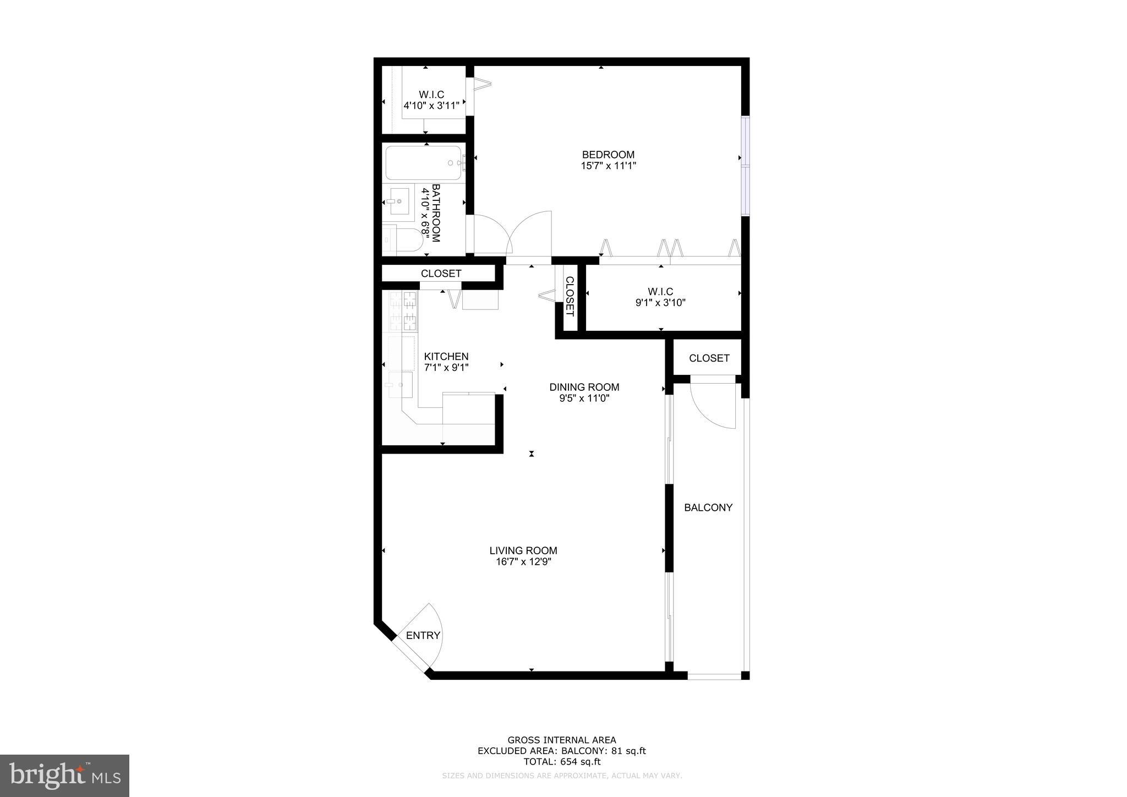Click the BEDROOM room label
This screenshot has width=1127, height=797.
click(608, 155)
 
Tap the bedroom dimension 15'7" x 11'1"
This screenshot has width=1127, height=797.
click(608, 166)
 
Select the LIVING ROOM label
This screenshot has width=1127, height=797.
click(523, 550)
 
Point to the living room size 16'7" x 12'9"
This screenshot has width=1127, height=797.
click(523, 562)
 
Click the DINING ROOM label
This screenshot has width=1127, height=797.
click(584, 387)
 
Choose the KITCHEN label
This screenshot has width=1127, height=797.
click(446, 357)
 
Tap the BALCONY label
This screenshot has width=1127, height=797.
click(708, 507)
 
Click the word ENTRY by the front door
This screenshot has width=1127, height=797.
click(423, 636)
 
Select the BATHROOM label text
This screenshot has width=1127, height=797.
click(436, 213)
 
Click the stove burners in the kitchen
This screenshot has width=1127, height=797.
click(403, 311)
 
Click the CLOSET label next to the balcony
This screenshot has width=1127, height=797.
click(709, 358)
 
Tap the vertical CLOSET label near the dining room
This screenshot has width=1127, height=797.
click(570, 297)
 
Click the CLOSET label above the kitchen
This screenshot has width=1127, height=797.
click(441, 274)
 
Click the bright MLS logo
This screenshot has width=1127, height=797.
click(65, 776)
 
